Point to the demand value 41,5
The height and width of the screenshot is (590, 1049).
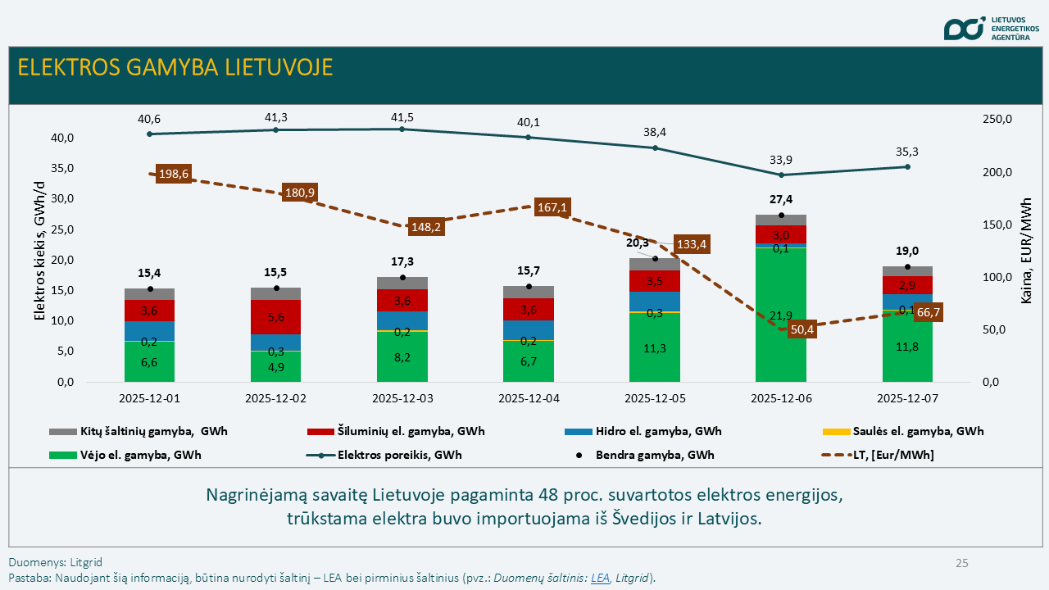pos(402,118)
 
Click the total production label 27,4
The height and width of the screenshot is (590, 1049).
pos(781,199)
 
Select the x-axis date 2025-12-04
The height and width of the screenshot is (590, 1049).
pos(529,398)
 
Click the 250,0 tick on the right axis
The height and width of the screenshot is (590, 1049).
pos(997,120)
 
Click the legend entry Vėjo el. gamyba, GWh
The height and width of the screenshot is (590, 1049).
pos(140,455)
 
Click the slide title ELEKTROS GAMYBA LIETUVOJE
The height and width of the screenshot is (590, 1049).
pos(175,67)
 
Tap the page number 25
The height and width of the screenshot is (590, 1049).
pos(961,563)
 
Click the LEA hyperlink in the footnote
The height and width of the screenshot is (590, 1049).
pos(600,578)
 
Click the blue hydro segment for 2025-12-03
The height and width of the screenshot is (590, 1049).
pos(402,320)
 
